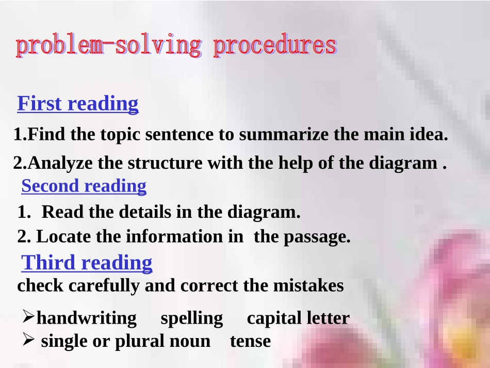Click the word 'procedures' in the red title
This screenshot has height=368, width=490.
pos(274,46)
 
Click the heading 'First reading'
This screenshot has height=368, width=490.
pos(78,104)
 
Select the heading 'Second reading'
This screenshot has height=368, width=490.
pos(84,186)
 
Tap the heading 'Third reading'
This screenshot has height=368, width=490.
pos(87,263)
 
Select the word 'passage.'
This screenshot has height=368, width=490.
pos(317,237)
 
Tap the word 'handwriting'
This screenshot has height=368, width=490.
pos(87,318)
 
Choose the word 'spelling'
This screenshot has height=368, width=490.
pos(192,318)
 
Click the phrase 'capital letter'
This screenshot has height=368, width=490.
pos(298,318)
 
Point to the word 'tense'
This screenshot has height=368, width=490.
pos(250,341)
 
